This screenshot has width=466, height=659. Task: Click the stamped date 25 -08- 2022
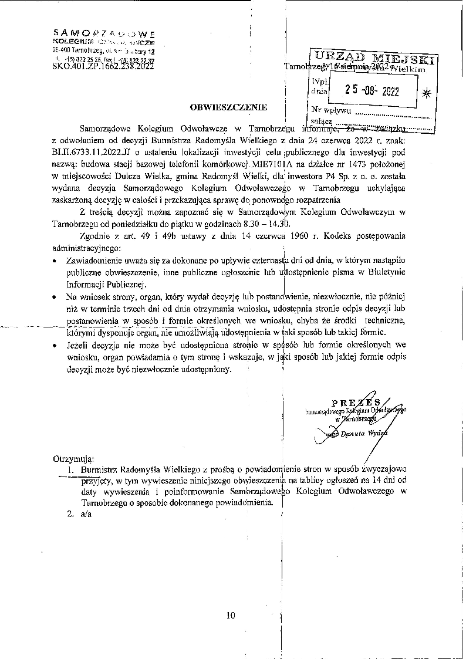372,90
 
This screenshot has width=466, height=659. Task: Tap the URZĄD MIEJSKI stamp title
374,58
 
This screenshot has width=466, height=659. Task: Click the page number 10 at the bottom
229,615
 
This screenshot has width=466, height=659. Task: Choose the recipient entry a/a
87,514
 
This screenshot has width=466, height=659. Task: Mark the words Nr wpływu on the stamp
332,110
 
